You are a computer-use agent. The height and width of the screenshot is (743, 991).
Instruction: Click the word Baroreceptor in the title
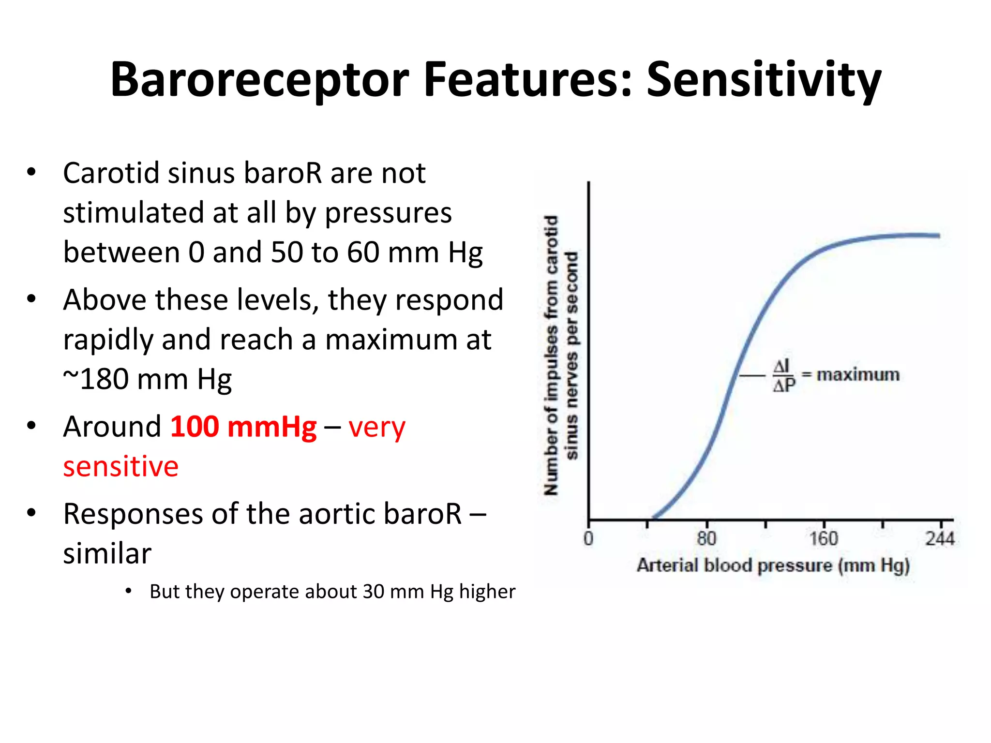259,80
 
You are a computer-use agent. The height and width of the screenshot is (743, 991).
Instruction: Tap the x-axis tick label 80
706,538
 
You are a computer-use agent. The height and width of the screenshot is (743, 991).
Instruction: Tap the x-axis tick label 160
824,538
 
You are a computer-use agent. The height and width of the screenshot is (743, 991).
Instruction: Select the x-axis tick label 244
940,538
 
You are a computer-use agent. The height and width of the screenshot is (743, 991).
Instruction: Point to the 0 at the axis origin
588,538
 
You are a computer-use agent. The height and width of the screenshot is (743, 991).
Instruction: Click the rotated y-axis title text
561,356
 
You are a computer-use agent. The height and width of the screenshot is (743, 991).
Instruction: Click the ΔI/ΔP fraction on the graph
783,376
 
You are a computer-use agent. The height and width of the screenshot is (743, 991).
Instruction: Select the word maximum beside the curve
857,374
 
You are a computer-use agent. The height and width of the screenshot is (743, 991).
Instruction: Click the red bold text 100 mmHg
243,427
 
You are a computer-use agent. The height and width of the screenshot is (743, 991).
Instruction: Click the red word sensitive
121,467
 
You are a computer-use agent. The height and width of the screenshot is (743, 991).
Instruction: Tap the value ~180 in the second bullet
94,379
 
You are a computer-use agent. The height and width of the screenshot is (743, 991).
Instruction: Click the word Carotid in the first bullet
111,173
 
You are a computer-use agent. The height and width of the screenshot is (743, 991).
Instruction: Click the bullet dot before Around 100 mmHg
31,426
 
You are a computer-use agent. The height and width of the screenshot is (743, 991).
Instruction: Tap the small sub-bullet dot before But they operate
128,591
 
